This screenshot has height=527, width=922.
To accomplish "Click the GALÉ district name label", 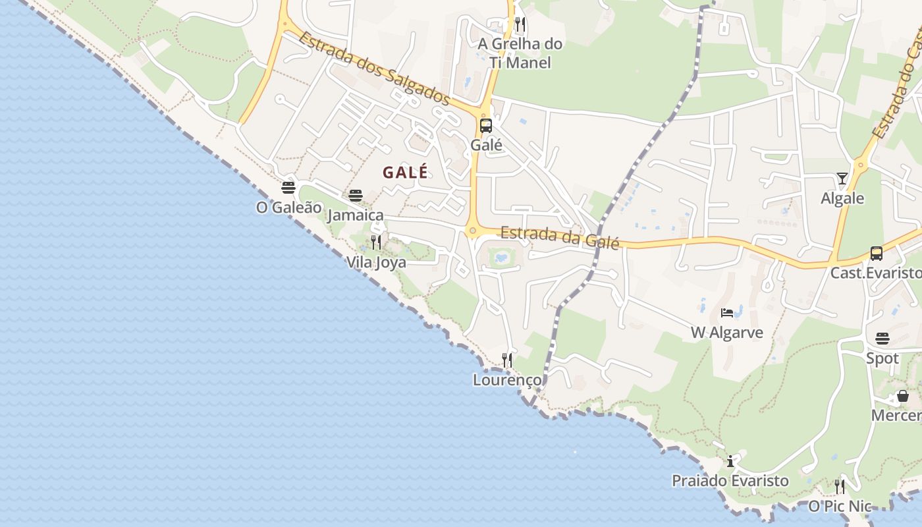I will pyautogui.click(x=405, y=173).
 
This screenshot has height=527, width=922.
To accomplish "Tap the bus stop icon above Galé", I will pyautogui.click(x=486, y=126).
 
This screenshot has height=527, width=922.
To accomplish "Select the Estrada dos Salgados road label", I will pyautogui.click(x=373, y=68).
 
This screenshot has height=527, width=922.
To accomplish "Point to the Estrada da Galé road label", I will pyautogui.click(x=560, y=237).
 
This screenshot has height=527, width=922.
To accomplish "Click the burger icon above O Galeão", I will pyautogui.click(x=288, y=188).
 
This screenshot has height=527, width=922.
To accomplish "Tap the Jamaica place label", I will pyautogui.click(x=355, y=215).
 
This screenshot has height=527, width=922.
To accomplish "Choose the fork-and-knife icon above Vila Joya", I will pyautogui.click(x=375, y=242).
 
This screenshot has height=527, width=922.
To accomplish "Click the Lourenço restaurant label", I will pyautogui.click(x=507, y=380).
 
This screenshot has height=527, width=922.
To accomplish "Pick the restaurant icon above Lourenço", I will pyautogui.click(x=507, y=360).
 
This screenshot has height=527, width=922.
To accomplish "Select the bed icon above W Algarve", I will pyautogui.click(x=727, y=312).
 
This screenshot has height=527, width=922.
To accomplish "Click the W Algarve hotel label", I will pyautogui.click(x=727, y=333).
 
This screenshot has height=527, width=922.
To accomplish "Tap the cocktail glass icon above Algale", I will pyautogui.click(x=842, y=178).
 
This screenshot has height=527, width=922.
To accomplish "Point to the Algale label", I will pyautogui.click(x=842, y=198).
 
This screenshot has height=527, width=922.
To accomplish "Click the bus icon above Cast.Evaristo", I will pyautogui.click(x=876, y=253).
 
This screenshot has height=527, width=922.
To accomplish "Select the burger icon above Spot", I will pyautogui.click(x=882, y=339).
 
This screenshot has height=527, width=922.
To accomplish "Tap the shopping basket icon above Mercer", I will pyautogui.click(x=903, y=396).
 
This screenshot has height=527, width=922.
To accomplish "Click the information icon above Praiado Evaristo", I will pyautogui.click(x=730, y=461).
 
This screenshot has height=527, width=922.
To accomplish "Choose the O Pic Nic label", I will pyautogui.click(x=840, y=507).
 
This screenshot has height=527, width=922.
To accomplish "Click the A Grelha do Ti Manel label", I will pyautogui.click(x=520, y=53).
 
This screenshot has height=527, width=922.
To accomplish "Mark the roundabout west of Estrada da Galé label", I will pyautogui.click(x=472, y=231).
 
